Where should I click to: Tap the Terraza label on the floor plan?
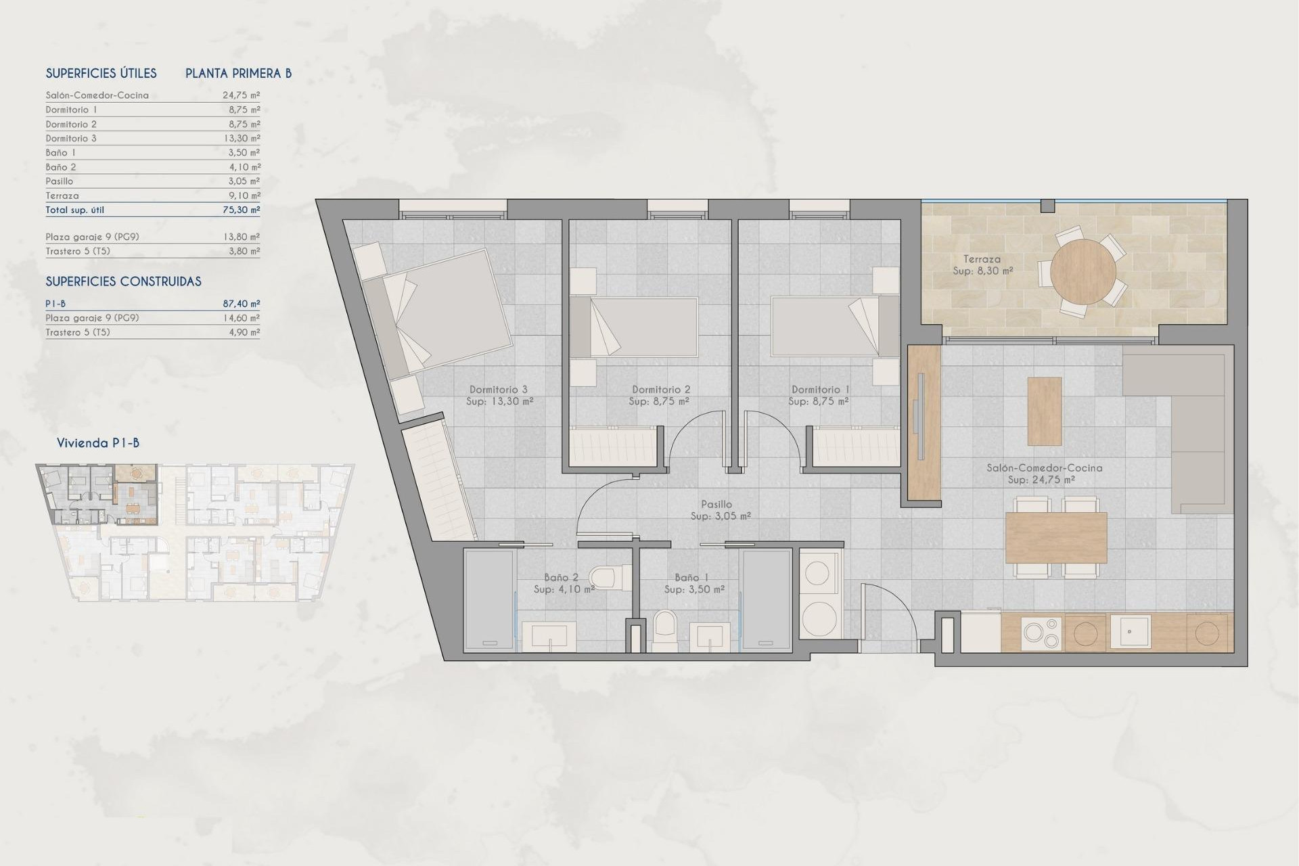point(982,259)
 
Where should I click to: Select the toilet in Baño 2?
point(602,578)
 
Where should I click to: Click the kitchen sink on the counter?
point(1129,632)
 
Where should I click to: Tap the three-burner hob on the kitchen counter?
point(1041,633)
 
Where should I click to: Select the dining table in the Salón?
point(1055,537)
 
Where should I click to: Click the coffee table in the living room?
point(1044,411)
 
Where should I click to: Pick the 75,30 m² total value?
point(241,210)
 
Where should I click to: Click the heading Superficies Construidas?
point(123,281)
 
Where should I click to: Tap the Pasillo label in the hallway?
point(716,504)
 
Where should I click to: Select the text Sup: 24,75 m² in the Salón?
point(1041,480)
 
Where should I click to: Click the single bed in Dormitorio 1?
point(825,327)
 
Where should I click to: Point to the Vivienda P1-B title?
point(98,443)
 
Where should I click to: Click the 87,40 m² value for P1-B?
point(241,304)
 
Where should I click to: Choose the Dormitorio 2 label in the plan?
point(661,390)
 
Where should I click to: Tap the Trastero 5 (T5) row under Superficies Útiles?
point(78,251)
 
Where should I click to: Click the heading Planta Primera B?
point(238,73)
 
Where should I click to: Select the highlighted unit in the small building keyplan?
point(101,495)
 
